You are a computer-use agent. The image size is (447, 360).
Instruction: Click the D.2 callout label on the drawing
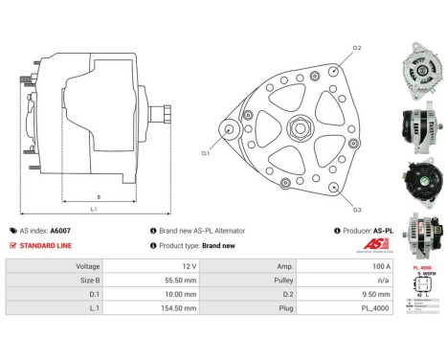click(x=358, y=48)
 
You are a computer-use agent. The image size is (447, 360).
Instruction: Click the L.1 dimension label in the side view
click(x=93, y=210)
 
